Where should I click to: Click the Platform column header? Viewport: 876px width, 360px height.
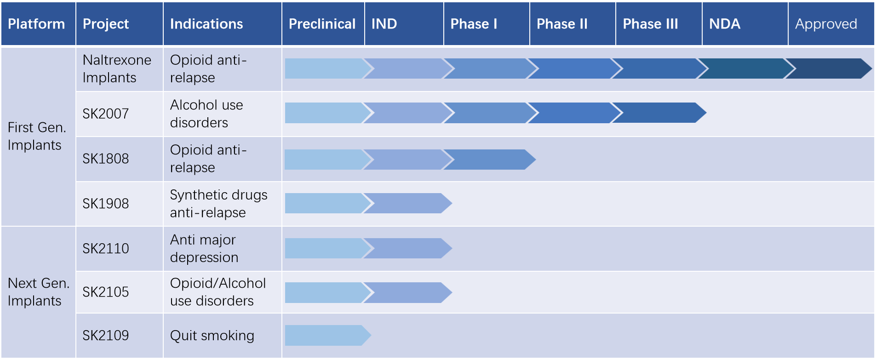click(36, 24)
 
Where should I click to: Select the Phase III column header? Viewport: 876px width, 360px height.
click(650, 24)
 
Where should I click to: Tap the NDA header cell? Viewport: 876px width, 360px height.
click(725, 24)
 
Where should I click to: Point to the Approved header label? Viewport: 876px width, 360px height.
click(826, 24)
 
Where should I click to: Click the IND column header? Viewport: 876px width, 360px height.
click(384, 24)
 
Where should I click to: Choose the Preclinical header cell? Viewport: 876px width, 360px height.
click(322, 24)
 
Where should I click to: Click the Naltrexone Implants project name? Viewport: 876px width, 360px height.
click(117, 69)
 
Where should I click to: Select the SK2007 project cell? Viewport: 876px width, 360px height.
click(105, 114)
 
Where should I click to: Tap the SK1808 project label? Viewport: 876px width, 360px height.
click(105, 159)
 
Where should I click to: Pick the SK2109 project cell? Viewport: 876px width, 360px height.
click(105, 336)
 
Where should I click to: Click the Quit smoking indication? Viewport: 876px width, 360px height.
click(212, 336)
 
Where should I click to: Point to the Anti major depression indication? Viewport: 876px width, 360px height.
click(204, 248)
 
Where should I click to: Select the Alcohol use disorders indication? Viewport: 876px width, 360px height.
click(206, 114)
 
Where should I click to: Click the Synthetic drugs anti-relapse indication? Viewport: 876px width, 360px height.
click(218, 204)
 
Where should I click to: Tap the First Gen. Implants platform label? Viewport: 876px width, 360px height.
click(37, 136)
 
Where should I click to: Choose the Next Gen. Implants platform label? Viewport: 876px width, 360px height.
click(39, 292)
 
